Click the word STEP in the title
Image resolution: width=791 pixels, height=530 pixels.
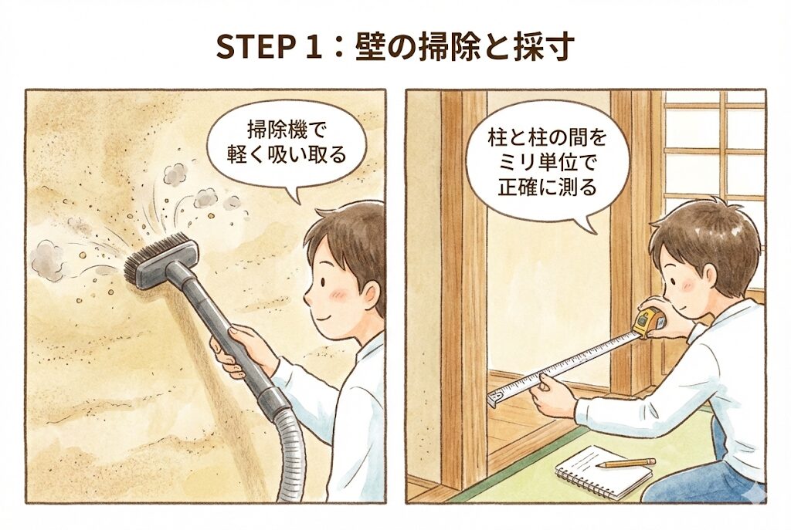click(x=256, y=48)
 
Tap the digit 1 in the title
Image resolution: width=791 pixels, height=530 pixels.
click(x=315, y=48)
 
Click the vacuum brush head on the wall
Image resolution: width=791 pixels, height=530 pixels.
click(x=152, y=261)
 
